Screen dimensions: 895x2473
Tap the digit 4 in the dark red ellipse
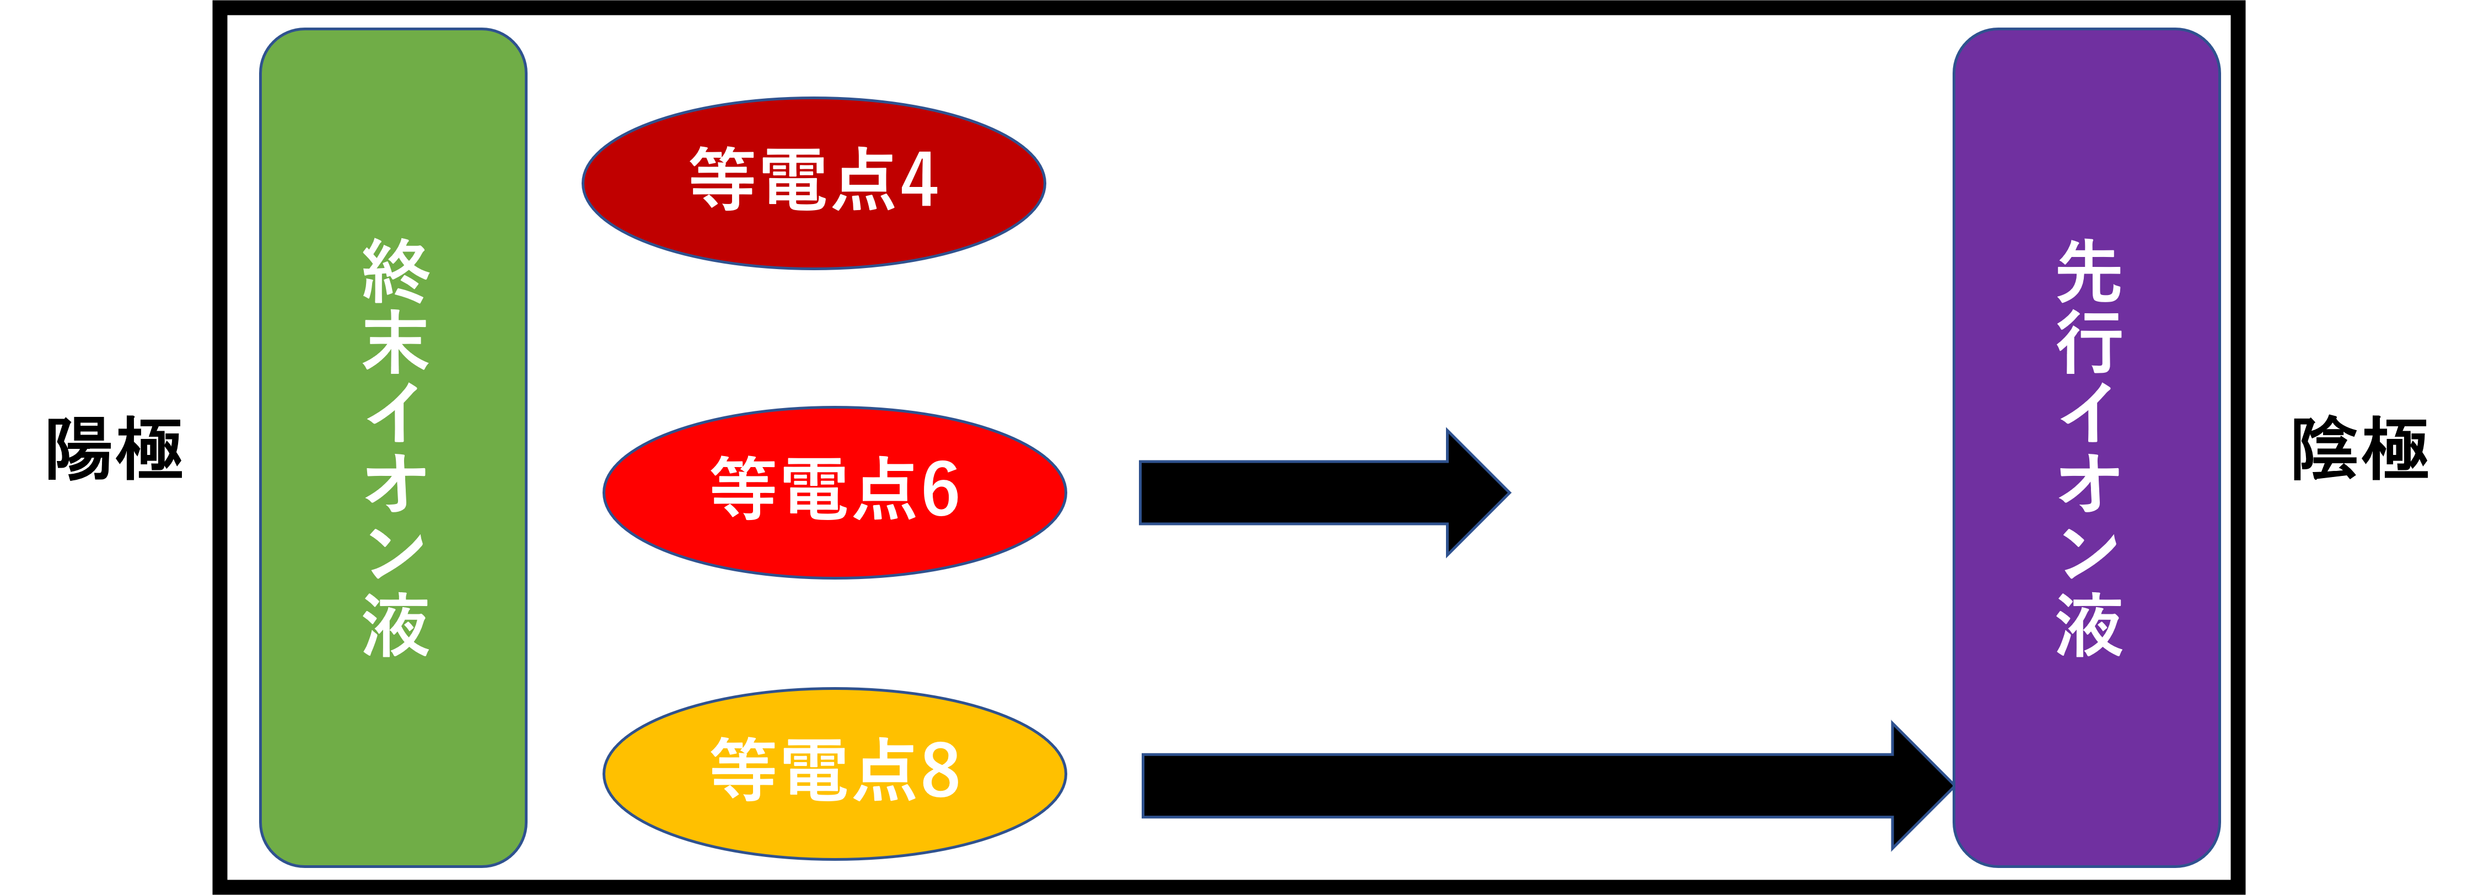(x=919, y=180)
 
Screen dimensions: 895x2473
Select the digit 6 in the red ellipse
(x=940, y=489)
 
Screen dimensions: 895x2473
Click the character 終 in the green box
(x=395, y=271)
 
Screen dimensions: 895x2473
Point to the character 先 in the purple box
(x=2089, y=271)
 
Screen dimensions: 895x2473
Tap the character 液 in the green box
(x=395, y=624)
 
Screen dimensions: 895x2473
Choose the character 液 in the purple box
(x=2089, y=624)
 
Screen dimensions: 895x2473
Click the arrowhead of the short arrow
(x=1474, y=492)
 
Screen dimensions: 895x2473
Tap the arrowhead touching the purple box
(x=1920, y=785)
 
